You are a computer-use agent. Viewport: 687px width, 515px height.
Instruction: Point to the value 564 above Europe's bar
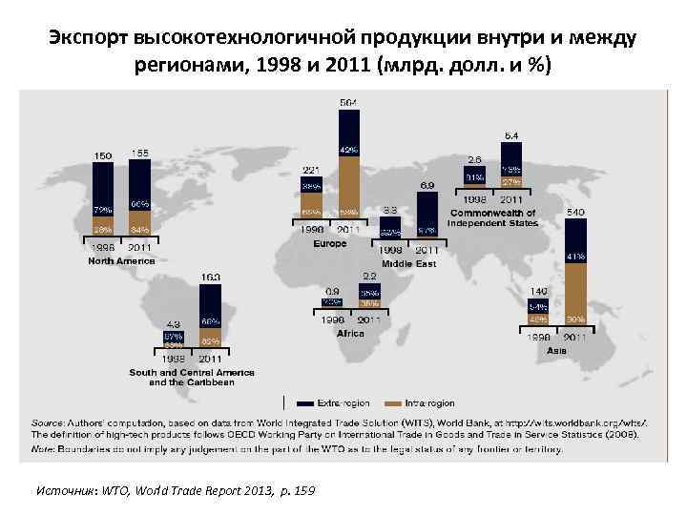coord(350,101)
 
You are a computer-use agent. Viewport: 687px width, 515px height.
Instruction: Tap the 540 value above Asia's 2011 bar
coord(576,211)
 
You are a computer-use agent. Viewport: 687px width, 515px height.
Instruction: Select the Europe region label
coord(330,244)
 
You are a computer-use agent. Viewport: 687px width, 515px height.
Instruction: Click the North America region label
coord(121,260)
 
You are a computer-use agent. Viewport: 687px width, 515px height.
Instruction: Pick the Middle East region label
coord(408,263)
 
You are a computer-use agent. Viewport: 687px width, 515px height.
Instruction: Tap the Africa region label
coord(350,332)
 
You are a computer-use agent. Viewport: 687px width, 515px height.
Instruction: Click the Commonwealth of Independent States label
coord(493,217)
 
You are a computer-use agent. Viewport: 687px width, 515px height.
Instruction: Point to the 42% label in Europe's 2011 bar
coord(348,150)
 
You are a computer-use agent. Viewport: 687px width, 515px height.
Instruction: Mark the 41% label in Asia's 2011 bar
coord(575,257)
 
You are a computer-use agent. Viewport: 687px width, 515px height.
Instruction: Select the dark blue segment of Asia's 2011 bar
coord(575,238)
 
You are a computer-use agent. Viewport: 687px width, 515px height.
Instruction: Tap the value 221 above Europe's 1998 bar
coord(312,170)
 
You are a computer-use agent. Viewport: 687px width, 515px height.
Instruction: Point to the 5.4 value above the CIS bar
coord(511,134)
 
